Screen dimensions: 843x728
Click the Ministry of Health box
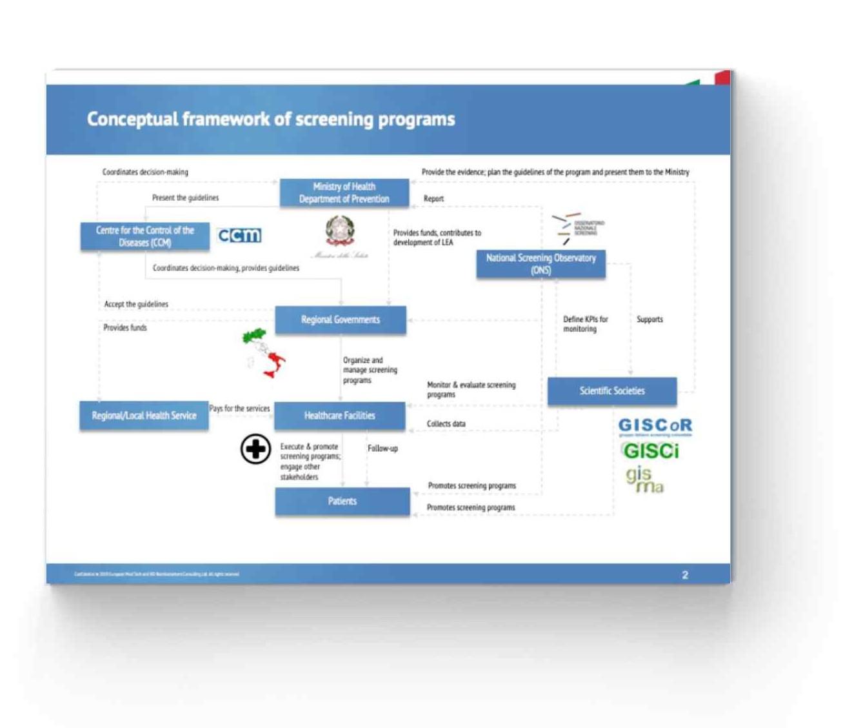(344, 193)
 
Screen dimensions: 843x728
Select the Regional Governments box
(341, 320)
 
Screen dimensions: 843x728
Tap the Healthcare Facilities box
(340, 416)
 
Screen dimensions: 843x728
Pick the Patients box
(342, 501)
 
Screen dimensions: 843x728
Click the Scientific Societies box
(611, 391)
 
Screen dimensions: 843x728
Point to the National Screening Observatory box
(541, 264)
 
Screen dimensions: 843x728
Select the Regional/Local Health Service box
(144, 416)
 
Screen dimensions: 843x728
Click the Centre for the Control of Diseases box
(144, 237)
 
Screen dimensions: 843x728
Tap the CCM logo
(239, 236)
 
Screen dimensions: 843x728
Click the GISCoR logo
(655, 426)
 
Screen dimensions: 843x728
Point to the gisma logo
(644, 480)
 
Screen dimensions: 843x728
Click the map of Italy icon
(264, 353)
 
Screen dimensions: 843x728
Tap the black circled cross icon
(255, 449)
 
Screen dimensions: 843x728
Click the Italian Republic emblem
(339, 231)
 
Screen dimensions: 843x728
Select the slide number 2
(685, 574)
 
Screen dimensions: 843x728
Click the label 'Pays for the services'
(239, 409)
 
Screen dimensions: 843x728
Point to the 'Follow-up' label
(382, 449)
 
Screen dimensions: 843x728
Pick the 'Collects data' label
(446, 424)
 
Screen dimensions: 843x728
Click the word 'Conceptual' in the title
(132, 119)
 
